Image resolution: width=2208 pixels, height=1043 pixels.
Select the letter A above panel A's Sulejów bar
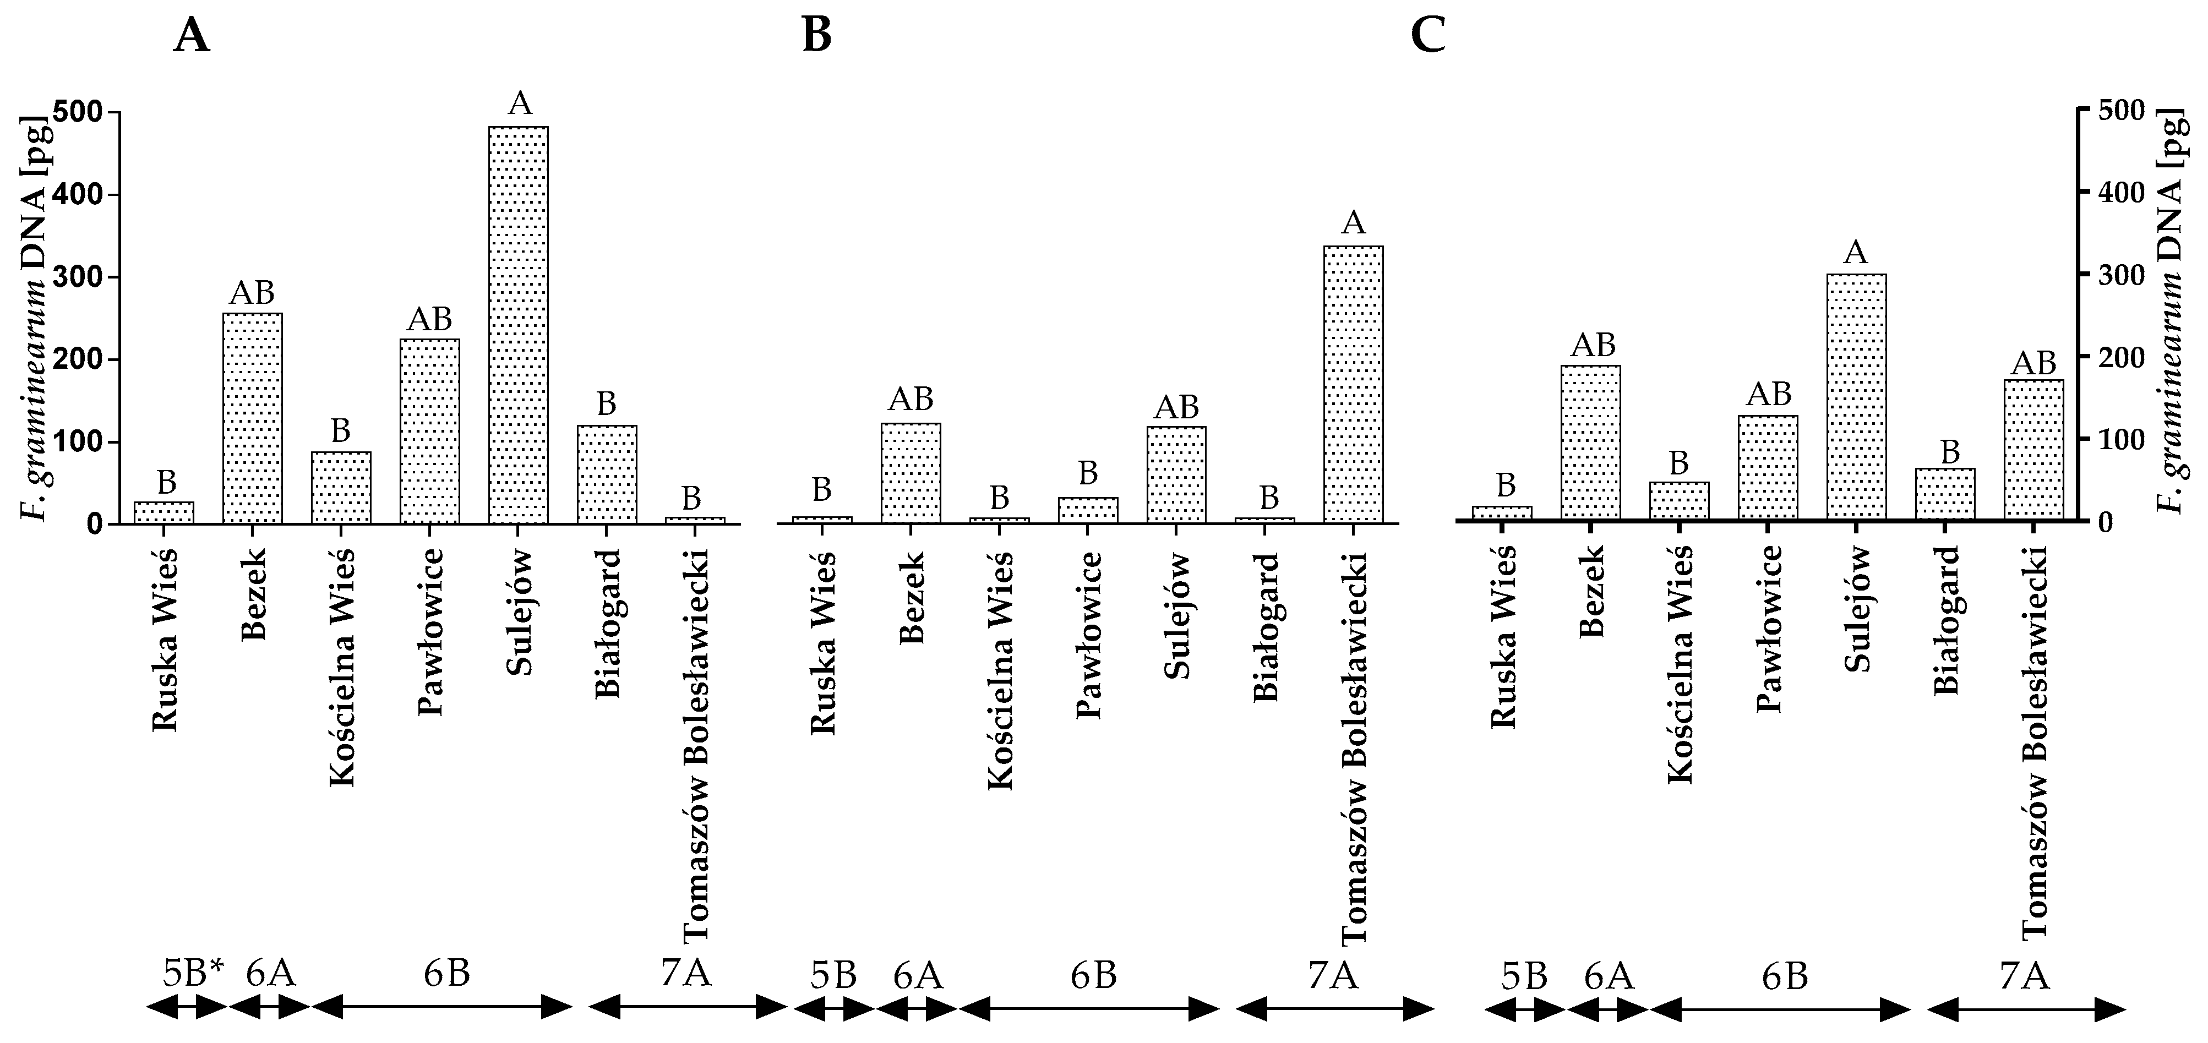(520, 103)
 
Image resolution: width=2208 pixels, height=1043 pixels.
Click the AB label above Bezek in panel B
(911, 398)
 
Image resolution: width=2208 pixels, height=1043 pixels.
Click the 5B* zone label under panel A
(193, 974)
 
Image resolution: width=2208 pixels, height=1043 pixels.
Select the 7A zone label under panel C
(2025, 976)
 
